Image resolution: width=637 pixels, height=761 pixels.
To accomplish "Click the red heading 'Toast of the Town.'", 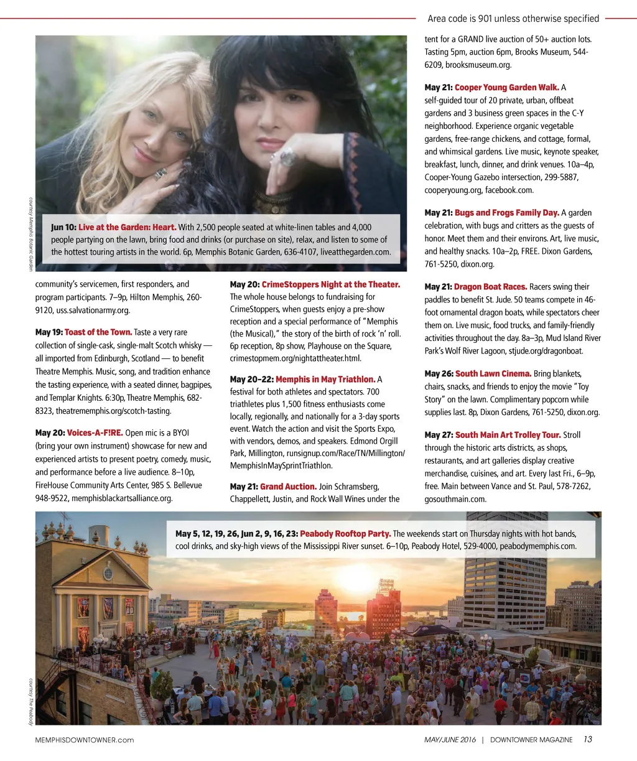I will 98,332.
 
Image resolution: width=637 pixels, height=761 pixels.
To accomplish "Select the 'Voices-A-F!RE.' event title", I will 95,432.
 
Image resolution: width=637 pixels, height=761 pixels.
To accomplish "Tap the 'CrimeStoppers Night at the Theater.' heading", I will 330,284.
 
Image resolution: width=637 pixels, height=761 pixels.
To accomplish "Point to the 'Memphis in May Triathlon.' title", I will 325,379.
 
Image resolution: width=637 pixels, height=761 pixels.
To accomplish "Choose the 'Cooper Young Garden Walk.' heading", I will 506,87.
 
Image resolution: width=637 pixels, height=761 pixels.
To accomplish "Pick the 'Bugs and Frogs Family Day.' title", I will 506,213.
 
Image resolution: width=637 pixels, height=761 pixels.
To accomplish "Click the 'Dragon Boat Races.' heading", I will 490,287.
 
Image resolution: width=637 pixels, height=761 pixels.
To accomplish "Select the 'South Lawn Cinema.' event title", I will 493,373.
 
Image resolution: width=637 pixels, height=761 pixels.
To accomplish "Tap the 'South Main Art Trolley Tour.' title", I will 508,435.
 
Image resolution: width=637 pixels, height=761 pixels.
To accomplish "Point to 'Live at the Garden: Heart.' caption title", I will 127,227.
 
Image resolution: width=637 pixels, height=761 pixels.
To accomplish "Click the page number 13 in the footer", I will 588,739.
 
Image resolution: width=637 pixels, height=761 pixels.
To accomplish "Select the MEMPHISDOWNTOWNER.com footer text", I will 85,740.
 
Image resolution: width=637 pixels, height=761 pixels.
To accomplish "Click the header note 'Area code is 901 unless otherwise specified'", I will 513,19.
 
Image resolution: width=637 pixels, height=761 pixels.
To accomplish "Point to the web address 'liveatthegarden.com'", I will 355,252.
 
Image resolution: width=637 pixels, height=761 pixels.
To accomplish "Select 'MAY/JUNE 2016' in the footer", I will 450,740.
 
